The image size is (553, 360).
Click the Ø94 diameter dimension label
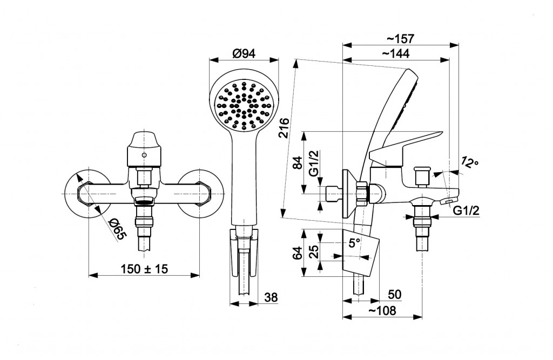(x=244, y=54)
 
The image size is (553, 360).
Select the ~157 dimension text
(x=400, y=39)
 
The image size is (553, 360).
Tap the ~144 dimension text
(x=396, y=53)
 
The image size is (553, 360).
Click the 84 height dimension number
(x=298, y=162)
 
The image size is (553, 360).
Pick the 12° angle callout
(x=470, y=163)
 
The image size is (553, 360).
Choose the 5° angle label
(x=354, y=243)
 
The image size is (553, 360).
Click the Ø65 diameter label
(x=117, y=229)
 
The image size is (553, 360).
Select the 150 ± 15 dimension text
(x=144, y=269)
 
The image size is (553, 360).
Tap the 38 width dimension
(x=271, y=297)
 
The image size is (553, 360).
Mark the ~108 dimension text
(x=382, y=311)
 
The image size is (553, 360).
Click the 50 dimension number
(x=395, y=294)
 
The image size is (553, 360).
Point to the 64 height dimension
(x=298, y=253)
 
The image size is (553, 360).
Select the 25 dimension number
(x=314, y=251)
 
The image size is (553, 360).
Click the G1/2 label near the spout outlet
(x=466, y=211)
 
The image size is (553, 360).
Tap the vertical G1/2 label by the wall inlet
(x=314, y=163)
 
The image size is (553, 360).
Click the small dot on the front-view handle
(x=144, y=155)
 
